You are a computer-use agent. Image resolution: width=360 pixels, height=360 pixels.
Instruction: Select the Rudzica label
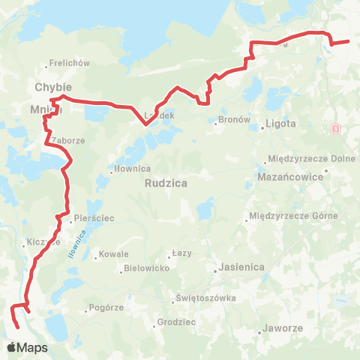click(x=166, y=182)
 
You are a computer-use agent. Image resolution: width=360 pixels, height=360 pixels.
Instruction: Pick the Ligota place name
click(x=280, y=124)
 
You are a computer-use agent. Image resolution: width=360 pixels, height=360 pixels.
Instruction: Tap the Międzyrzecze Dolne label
click(x=304, y=159)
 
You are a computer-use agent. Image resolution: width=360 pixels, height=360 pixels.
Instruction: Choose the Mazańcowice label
click(x=300, y=177)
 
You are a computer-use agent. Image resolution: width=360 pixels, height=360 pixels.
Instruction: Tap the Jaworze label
click(x=282, y=329)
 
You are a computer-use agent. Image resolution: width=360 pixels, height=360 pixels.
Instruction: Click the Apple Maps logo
click(x=27, y=348)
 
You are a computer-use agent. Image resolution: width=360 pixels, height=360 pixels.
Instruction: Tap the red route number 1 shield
click(x=334, y=130)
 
